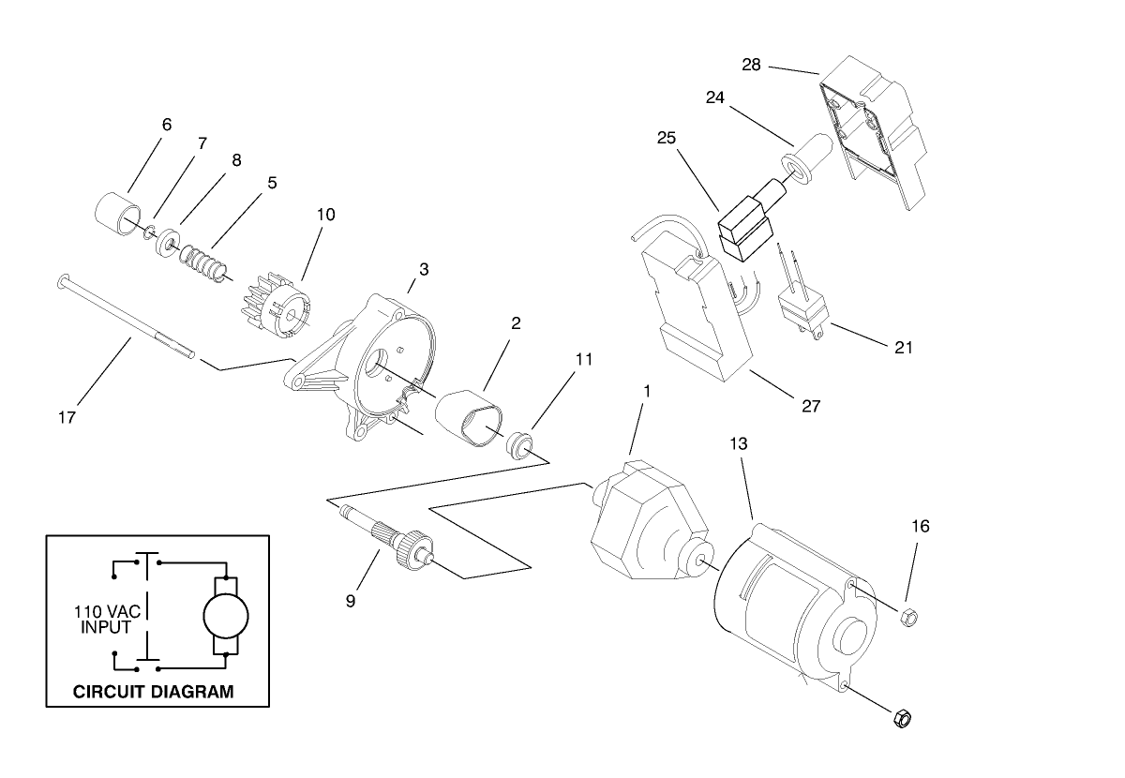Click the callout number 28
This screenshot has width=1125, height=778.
tap(751, 65)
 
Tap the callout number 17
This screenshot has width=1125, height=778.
tap(67, 416)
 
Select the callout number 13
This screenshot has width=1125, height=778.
tap(739, 444)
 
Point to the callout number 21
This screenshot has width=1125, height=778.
tap(903, 347)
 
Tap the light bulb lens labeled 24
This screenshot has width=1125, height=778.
tap(804, 160)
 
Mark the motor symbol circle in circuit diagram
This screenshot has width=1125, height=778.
tap(226, 615)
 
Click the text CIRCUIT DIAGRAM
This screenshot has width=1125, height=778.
tap(153, 693)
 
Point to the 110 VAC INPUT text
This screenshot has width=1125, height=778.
tap(102, 619)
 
